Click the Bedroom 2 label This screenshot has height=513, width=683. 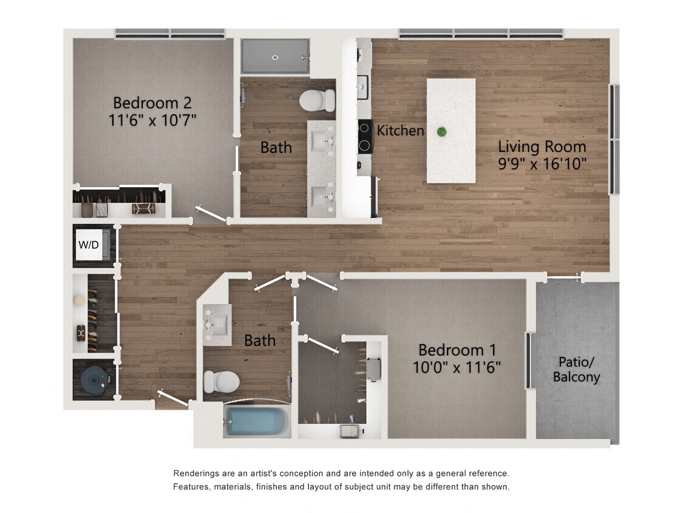pyautogui.click(x=152, y=102)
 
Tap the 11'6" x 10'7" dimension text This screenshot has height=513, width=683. pyautogui.click(x=152, y=120)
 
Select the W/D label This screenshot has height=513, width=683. pyautogui.click(x=89, y=245)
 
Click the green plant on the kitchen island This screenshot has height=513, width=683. pyautogui.click(x=441, y=131)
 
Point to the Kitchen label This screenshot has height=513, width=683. pyautogui.click(x=400, y=130)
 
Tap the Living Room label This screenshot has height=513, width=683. pyautogui.click(x=542, y=146)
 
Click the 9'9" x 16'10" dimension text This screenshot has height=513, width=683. pyautogui.click(x=542, y=164)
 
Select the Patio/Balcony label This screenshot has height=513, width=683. pyautogui.click(x=576, y=370)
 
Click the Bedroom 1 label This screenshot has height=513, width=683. pyautogui.click(x=457, y=350)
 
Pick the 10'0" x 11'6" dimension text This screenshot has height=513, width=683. pyautogui.click(x=457, y=368)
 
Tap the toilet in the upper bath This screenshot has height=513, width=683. pyautogui.click(x=317, y=100)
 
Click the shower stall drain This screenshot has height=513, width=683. pyautogui.click(x=274, y=58)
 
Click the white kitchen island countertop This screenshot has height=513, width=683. pyautogui.click(x=450, y=158)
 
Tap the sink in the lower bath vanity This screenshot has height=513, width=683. pyautogui.click(x=217, y=323)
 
